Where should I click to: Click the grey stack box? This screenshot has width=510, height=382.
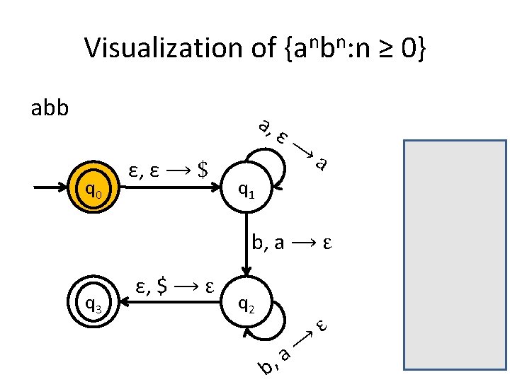coord(455,255)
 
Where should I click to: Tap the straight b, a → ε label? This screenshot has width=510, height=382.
coord(292,244)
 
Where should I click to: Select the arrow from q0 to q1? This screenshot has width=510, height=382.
coord(170,189)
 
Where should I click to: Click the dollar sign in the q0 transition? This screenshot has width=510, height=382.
coord(204,170)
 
